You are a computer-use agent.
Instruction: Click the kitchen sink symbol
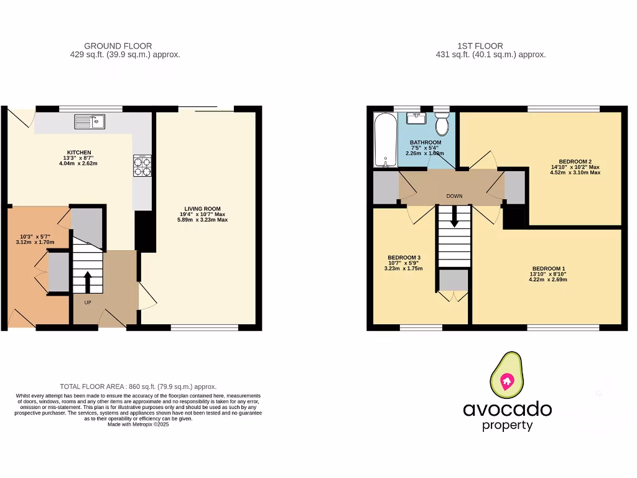[90, 121]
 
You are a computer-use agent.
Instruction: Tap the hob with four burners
[142, 167]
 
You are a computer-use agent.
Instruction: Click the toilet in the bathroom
[442, 124]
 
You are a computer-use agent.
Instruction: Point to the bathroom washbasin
[415, 119]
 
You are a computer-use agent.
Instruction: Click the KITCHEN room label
[80, 152]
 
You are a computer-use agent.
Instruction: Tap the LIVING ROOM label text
[202, 209]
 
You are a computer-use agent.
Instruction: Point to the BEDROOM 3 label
[404, 258]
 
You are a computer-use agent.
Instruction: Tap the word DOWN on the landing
[454, 196]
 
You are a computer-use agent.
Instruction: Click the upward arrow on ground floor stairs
[87, 281]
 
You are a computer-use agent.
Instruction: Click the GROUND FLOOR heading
[118, 46]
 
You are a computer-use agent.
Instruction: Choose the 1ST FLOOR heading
[480, 46]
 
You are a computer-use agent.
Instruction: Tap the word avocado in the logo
[507, 409]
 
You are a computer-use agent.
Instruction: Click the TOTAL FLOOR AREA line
[138, 387]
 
